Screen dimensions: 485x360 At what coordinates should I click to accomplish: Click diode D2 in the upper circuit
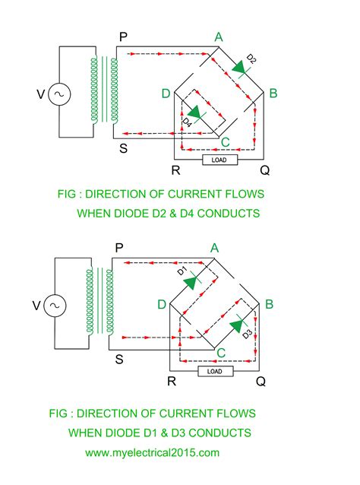[x=242, y=68]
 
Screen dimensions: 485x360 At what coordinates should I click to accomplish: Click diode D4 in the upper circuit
[x=197, y=113]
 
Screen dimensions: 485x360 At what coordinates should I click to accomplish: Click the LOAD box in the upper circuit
[x=219, y=160]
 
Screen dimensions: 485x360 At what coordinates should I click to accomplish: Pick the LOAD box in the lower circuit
[x=215, y=371]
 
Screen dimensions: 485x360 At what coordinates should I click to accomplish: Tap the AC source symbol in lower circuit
[x=55, y=306]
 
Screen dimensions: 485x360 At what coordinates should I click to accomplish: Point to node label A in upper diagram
[x=219, y=36]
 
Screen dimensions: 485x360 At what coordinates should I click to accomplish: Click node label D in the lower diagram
[x=163, y=305]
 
